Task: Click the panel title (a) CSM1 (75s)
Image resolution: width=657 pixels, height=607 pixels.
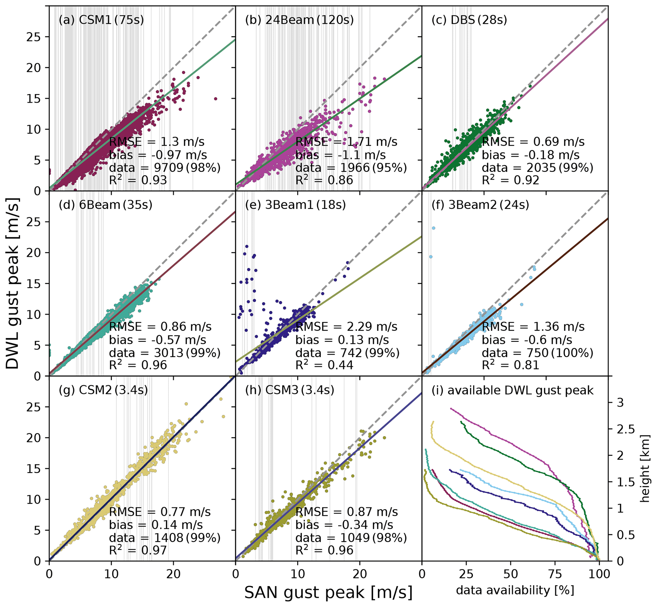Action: click(x=101, y=20)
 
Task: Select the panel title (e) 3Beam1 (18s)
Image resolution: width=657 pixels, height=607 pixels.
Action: click(x=296, y=205)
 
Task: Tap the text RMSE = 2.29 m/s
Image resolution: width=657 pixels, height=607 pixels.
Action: click(x=346, y=327)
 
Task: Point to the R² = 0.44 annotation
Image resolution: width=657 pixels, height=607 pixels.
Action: click(x=324, y=365)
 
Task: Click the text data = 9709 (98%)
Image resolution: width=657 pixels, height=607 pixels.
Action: click(x=165, y=168)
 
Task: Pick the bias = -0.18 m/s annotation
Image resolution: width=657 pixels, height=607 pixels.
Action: click(x=530, y=155)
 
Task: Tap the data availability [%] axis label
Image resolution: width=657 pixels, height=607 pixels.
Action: click(x=515, y=590)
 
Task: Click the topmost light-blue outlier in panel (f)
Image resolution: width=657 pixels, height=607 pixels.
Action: click(x=434, y=228)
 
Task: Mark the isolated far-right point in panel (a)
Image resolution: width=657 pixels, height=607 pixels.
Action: click(x=216, y=98)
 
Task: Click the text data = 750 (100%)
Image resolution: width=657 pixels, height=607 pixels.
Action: click(x=537, y=353)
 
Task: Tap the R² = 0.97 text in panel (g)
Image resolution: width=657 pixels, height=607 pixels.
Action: click(x=138, y=550)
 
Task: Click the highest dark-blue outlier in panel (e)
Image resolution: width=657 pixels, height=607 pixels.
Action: click(x=247, y=246)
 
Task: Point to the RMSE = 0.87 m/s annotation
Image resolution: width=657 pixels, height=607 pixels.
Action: click(x=346, y=512)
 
